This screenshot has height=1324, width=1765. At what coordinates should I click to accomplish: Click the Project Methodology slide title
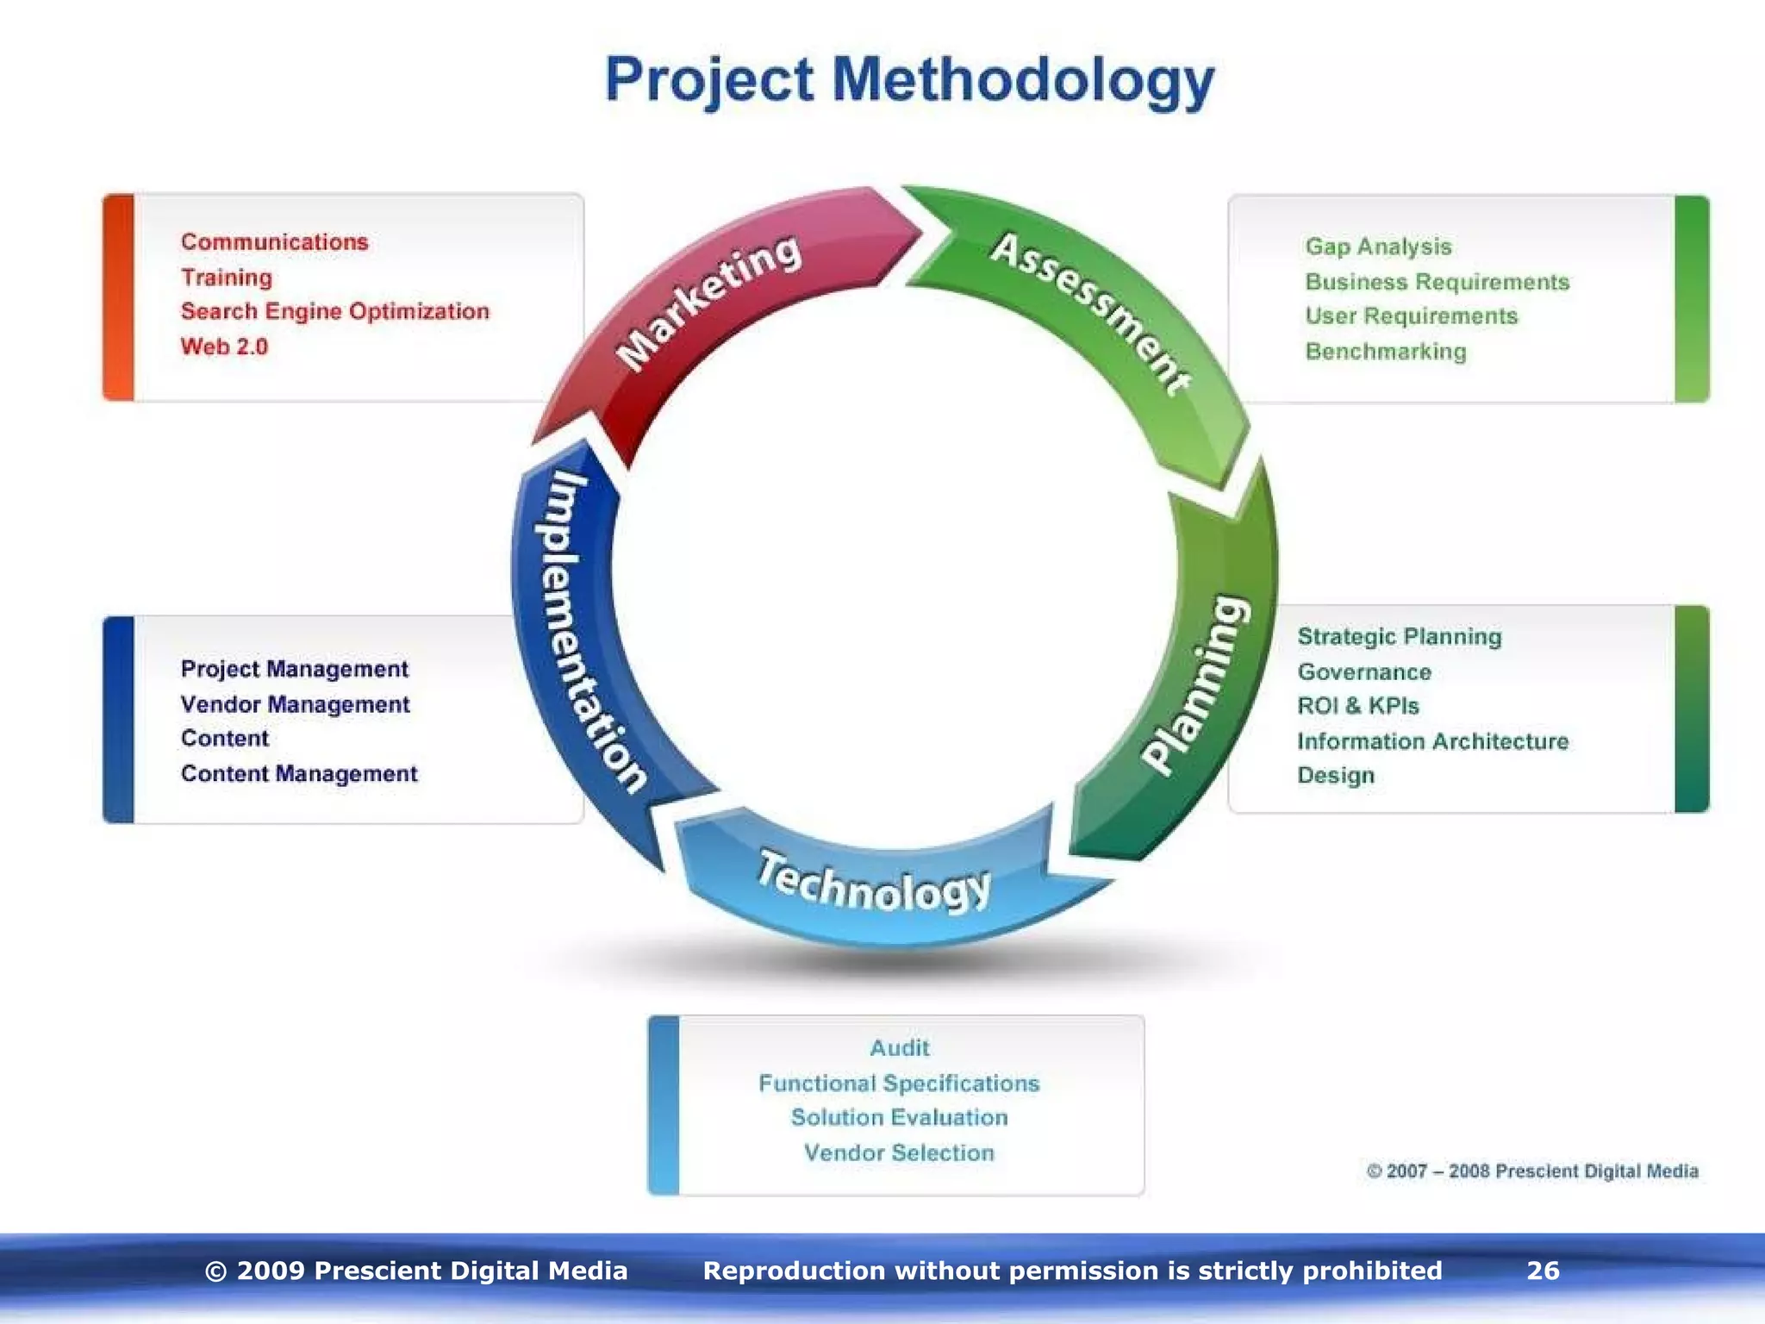pos(909,80)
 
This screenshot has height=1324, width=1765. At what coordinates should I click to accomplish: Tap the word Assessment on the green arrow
pos(1091,312)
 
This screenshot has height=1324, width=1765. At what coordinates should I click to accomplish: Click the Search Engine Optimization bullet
pos(334,311)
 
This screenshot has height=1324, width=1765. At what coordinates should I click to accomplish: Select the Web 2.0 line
pos(224,347)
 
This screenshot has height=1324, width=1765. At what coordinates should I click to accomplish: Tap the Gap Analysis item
pos(1378,247)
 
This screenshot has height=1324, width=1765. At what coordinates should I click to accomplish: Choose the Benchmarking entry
pos(1385,352)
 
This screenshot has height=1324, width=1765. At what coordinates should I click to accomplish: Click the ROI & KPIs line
pos(1357,706)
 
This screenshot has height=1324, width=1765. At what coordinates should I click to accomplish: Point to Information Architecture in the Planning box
pos(1432,741)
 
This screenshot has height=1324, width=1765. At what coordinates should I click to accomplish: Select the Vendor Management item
pos(295,704)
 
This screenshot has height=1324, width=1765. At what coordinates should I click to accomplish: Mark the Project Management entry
pos(294,669)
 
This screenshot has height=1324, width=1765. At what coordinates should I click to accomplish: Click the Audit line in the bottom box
pos(899,1048)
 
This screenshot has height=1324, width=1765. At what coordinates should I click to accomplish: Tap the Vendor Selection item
pos(899,1152)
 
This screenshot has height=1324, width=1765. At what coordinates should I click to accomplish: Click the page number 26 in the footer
pos(1543,1271)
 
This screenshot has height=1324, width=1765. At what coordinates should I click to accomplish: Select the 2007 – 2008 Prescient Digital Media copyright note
pos(1532,1171)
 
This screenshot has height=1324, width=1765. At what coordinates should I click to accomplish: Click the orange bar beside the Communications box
pos(119,297)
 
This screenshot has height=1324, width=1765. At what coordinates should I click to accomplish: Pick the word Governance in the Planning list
pos(1363,671)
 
